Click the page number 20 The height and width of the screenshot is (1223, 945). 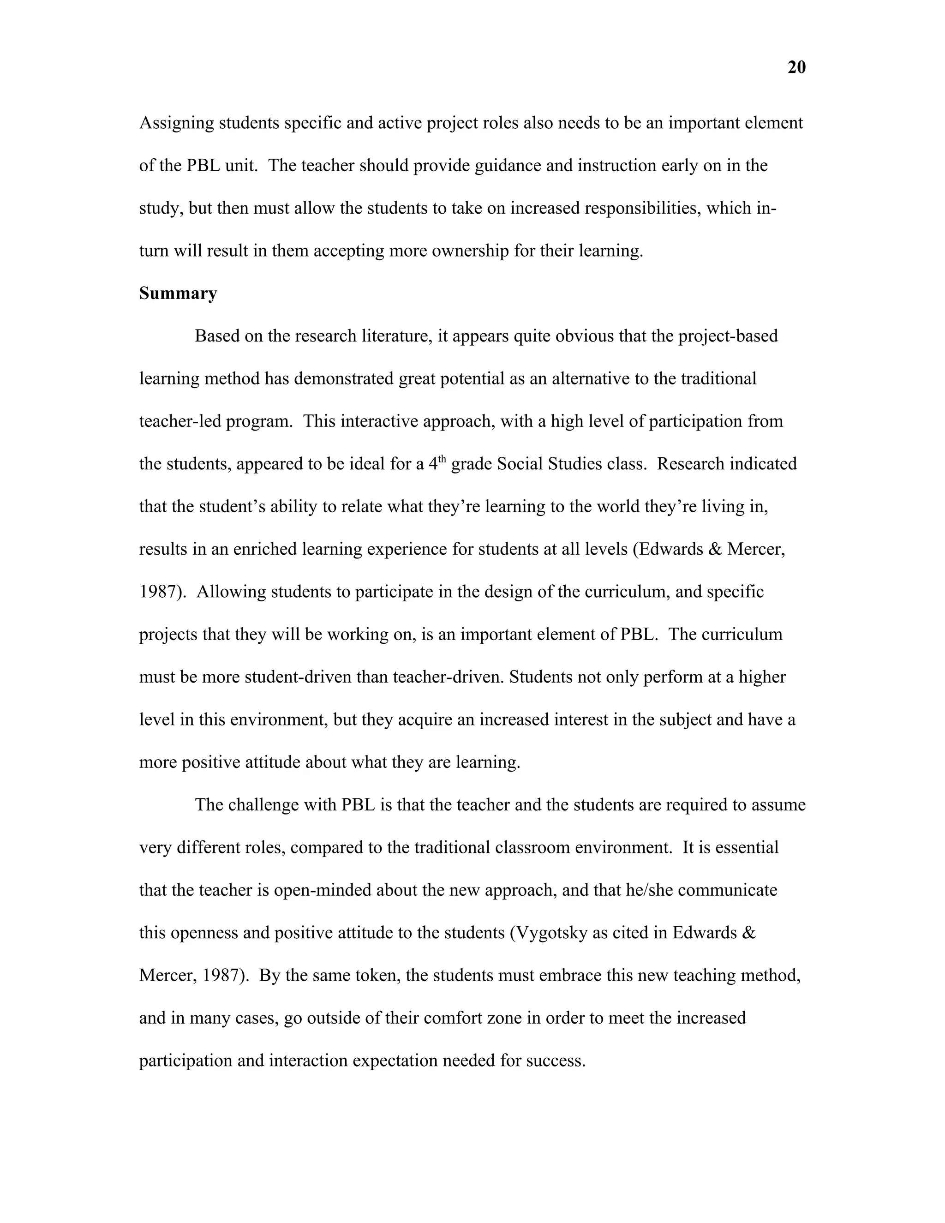796,68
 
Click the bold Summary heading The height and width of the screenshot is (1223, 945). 178,294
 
